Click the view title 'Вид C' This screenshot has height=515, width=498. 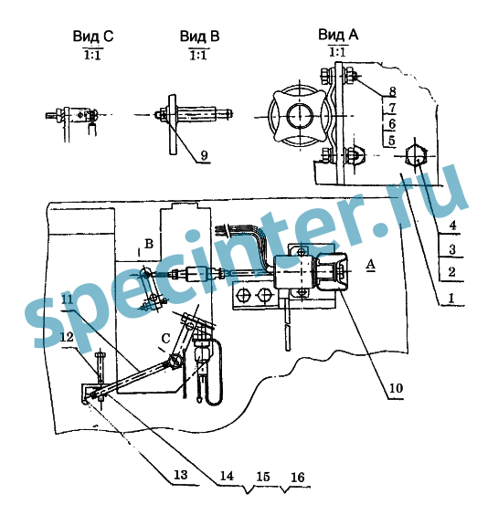tap(93, 37)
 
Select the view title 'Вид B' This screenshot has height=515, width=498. tap(199, 36)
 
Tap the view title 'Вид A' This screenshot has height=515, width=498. tap(338, 35)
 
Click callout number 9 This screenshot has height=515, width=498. tap(204, 155)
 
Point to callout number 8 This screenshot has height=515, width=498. tap(392, 91)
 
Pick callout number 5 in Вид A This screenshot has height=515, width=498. tap(391, 141)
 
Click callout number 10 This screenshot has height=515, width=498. tap(396, 388)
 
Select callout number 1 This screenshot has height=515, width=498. tap(451, 298)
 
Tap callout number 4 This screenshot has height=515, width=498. tap(452, 226)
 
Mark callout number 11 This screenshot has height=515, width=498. tap(68, 300)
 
